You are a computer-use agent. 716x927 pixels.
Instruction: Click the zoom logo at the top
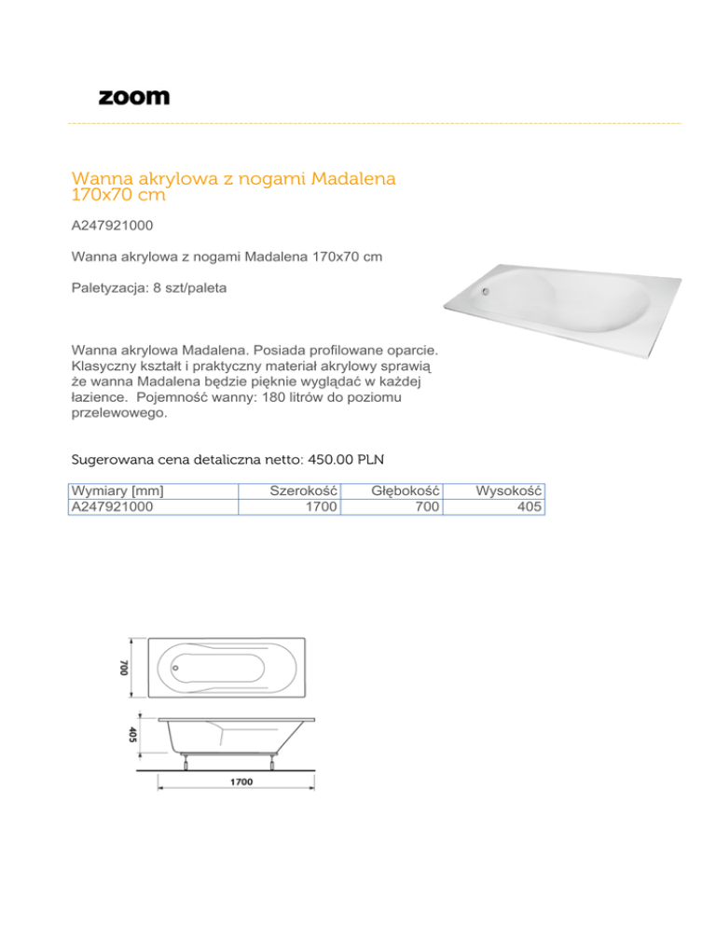(134, 97)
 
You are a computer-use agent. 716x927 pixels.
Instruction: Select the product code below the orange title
(113, 226)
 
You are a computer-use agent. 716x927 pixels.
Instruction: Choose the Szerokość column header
(303, 491)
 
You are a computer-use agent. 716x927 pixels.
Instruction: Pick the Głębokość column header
(406, 491)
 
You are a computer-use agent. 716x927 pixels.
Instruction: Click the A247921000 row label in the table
(113, 506)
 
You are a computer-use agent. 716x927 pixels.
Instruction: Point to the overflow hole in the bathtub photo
(484, 290)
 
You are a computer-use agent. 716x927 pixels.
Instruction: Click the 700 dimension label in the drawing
(123, 668)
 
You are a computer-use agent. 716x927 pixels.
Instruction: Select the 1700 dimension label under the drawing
(241, 783)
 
